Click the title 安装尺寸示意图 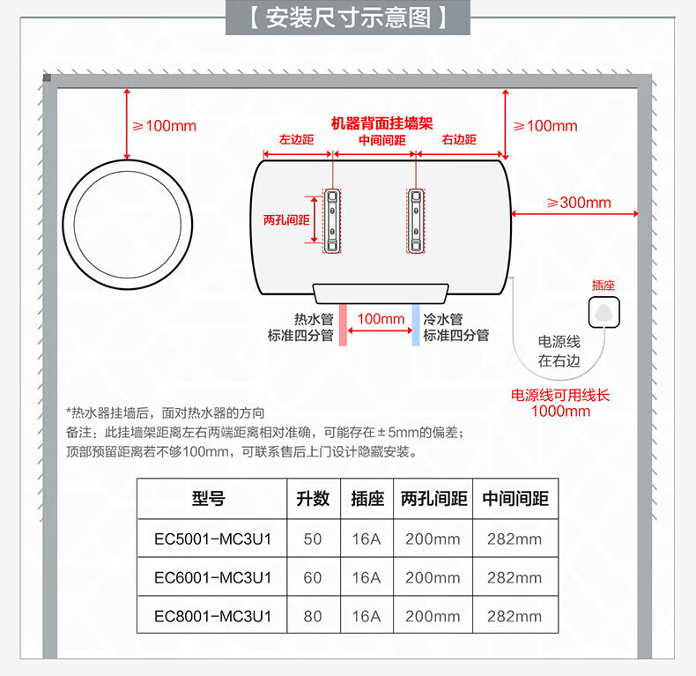pyautogui.click(x=348, y=18)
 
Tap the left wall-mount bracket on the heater pyautogui.click(x=332, y=219)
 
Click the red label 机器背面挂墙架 pyautogui.click(x=381, y=124)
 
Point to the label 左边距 pyautogui.click(x=296, y=140)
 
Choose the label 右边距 pyautogui.click(x=458, y=140)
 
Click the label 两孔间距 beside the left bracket pyautogui.click(x=286, y=219)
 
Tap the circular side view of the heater pyautogui.click(x=129, y=220)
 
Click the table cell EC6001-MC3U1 pyautogui.click(x=212, y=578)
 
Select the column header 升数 pyautogui.click(x=313, y=499)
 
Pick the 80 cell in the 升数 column pyautogui.click(x=313, y=617)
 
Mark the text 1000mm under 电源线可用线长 pyautogui.click(x=560, y=411)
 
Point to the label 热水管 pyautogui.click(x=313, y=319)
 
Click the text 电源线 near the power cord pyautogui.click(x=559, y=342)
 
